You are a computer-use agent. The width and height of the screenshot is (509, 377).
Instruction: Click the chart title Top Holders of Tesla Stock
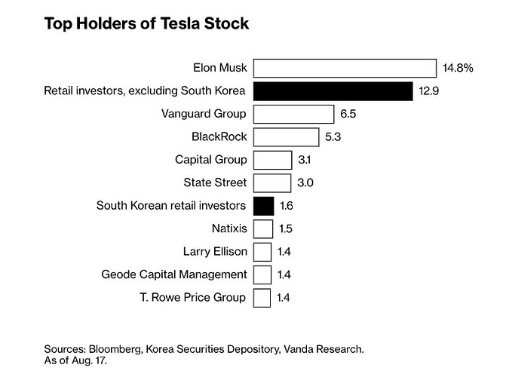[146, 23]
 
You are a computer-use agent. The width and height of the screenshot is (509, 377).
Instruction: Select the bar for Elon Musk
[345, 68]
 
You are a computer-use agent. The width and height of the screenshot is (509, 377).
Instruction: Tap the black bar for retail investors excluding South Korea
[332, 91]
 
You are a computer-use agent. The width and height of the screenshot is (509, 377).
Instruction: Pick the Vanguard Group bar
[293, 114]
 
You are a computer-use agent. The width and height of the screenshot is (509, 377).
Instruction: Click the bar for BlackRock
[286, 137]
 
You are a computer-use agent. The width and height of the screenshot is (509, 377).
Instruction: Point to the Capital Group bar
[272, 160]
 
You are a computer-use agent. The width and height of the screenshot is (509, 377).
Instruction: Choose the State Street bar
[272, 182]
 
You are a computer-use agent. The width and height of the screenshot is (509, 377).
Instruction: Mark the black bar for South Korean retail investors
[263, 205]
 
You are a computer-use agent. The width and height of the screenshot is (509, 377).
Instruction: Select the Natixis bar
[262, 228]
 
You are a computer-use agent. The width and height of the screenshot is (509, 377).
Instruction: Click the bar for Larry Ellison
[262, 251]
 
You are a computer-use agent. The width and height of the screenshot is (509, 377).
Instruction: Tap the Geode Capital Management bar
[262, 274]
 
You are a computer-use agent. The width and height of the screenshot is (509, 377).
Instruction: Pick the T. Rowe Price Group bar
[262, 297]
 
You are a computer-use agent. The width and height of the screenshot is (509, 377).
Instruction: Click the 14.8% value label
[458, 68]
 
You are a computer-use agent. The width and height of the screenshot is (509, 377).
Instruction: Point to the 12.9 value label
[428, 91]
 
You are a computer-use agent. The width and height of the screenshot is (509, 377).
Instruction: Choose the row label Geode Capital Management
[173, 274]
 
